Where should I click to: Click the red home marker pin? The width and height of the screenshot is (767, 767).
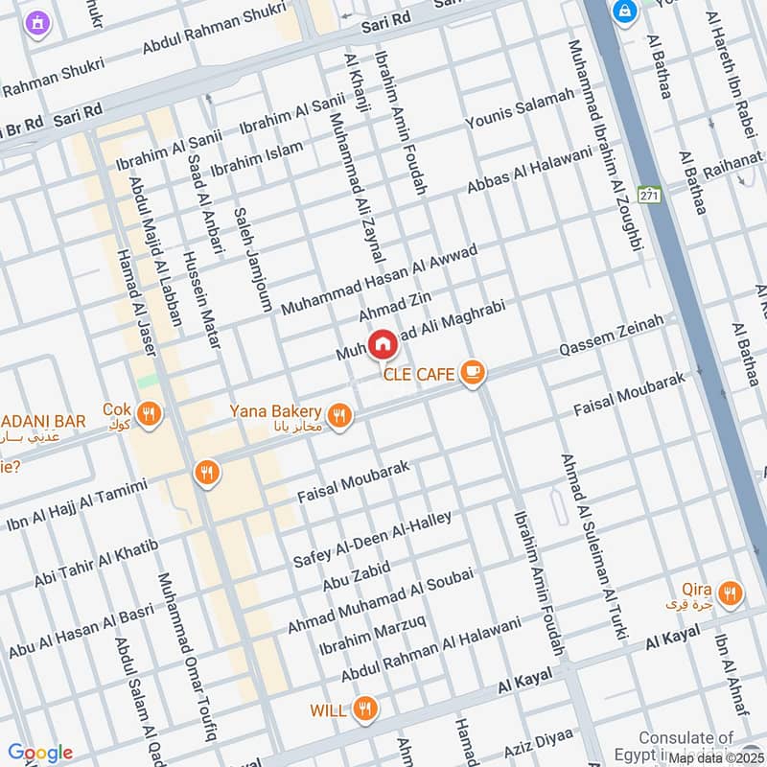pyautogui.click(x=382, y=343)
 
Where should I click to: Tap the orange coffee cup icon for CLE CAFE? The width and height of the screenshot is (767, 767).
pyautogui.click(x=472, y=373)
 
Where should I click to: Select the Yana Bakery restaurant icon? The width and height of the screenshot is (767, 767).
pyautogui.click(x=337, y=415)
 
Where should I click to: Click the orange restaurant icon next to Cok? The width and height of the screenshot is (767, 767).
pyautogui.click(x=149, y=414)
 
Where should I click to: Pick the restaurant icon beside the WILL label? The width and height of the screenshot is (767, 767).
pyautogui.click(x=363, y=709)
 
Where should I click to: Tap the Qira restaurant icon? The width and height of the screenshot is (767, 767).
pyautogui.click(x=731, y=594)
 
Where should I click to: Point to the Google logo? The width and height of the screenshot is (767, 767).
pyautogui.click(x=39, y=753)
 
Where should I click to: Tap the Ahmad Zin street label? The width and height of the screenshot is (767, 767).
pyautogui.click(x=389, y=308)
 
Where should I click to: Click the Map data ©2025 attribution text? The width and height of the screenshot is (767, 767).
pyautogui.click(x=716, y=757)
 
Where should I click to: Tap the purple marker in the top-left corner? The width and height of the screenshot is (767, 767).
pyautogui.click(x=36, y=22)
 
